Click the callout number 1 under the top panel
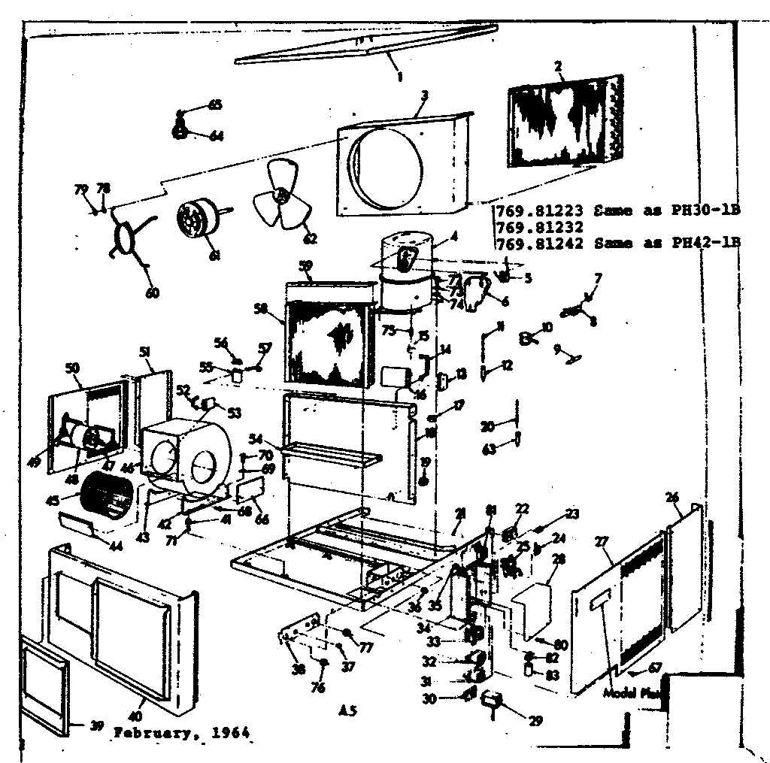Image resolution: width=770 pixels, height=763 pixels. click(400, 76)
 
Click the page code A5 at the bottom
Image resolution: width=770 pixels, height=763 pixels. click(347, 709)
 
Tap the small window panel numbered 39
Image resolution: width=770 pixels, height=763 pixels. click(44, 686)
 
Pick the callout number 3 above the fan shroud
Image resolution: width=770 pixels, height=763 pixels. click(425, 95)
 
